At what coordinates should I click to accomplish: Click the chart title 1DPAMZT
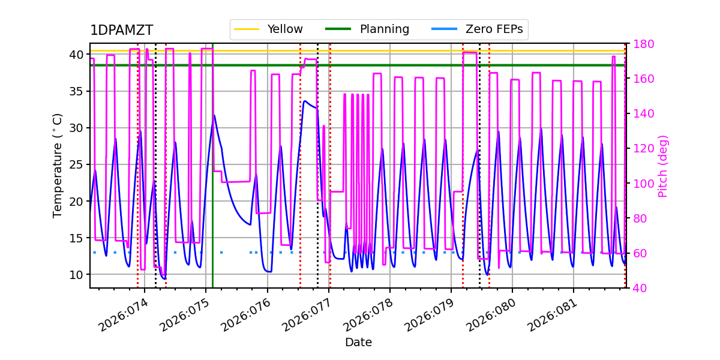coord(121,31)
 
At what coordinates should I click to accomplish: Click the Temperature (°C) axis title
coord(58,165)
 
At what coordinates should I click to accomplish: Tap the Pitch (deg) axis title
coord(663,166)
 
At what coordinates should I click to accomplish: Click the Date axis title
coord(358,343)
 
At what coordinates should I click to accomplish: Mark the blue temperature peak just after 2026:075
coord(214,115)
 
